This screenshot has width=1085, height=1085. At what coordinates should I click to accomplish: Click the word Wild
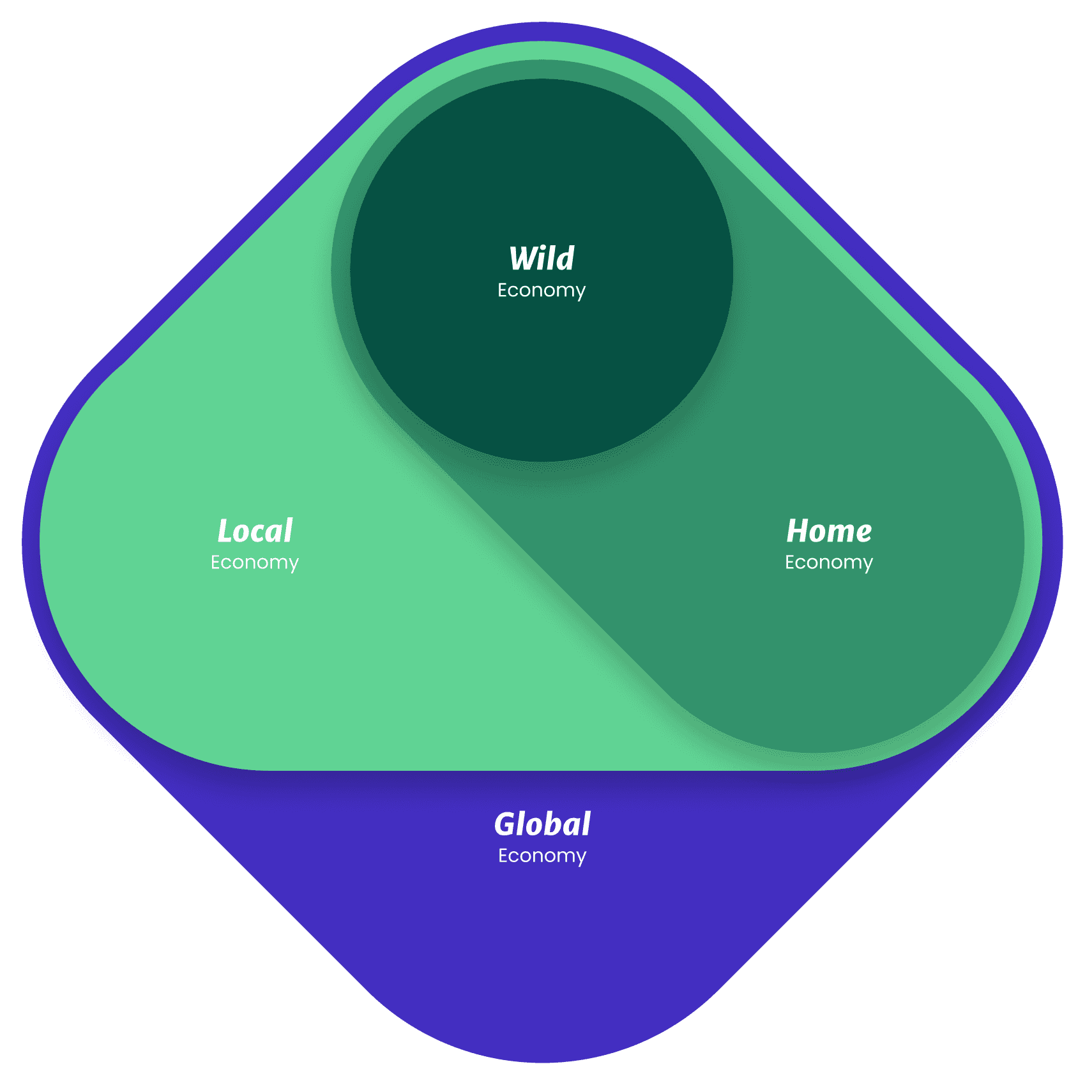point(542,259)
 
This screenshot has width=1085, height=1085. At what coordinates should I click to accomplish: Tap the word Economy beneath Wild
point(542,291)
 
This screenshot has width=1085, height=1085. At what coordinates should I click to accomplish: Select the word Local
point(255,531)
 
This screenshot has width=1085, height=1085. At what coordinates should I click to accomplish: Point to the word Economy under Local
point(255,563)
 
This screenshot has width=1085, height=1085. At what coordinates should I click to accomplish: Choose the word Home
point(829,531)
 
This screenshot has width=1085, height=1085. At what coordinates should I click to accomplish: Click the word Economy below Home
point(829,563)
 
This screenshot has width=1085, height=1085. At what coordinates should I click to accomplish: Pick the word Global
point(542,824)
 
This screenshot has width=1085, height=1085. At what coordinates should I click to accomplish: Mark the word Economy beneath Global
point(542,856)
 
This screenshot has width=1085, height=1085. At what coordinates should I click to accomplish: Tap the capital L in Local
point(225,531)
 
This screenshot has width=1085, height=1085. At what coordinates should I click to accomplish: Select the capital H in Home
point(798,531)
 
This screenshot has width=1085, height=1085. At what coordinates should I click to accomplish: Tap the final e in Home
point(863,533)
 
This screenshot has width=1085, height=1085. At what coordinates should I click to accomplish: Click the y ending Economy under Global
point(580,858)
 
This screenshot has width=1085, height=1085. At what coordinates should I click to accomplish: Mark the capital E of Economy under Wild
point(503,290)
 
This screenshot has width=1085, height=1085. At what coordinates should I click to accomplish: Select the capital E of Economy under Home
point(790,562)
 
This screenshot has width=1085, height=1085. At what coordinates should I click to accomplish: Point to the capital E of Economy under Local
point(216,562)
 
